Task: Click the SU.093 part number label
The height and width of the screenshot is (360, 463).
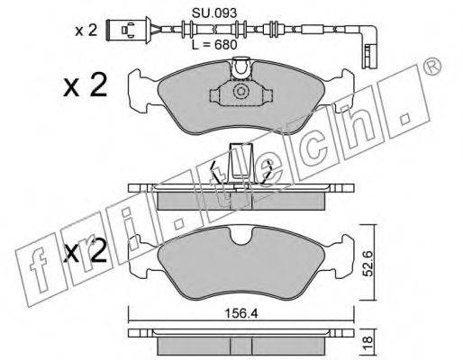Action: (214, 13)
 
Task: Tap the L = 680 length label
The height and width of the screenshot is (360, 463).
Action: (214, 45)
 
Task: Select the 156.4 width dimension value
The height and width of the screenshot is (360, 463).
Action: (241, 314)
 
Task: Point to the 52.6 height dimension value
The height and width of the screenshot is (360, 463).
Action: (368, 264)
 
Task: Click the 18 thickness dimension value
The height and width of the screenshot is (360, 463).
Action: (368, 340)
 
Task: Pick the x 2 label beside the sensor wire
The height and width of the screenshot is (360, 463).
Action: (86, 31)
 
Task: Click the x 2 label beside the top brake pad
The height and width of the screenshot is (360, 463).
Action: (86, 85)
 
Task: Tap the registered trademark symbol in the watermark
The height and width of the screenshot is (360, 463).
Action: (433, 67)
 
